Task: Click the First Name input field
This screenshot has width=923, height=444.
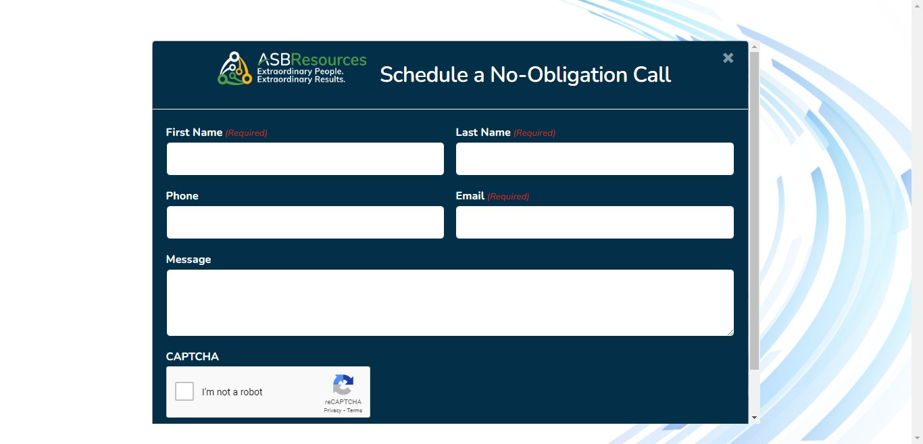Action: (305, 159)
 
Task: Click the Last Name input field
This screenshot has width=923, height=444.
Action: (595, 159)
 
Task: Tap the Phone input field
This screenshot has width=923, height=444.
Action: (305, 222)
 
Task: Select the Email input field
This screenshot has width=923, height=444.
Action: (595, 222)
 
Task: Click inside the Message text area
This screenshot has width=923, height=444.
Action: (450, 303)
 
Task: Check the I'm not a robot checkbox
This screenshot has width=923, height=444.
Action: (184, 391)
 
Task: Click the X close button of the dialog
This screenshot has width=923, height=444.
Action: (728, 58)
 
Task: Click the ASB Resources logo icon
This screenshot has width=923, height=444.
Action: (234, 68)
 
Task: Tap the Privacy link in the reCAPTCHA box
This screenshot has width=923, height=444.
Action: (332, 411)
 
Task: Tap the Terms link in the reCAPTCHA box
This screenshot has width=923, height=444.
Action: (354, 411)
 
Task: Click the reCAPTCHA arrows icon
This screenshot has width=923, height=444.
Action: (343, 385)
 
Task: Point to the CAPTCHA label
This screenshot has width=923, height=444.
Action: (193, 357)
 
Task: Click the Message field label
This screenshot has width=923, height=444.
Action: (189, 260)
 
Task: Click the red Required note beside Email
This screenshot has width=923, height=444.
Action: (508, 197)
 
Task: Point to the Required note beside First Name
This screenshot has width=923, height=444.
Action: (247, 133)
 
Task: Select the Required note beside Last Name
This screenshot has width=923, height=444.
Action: (534, 133)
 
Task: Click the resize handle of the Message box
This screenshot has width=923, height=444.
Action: (730, 332)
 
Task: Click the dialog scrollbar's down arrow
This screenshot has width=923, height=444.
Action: (755, 418)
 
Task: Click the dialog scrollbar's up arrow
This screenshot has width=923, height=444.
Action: (755, 47)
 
